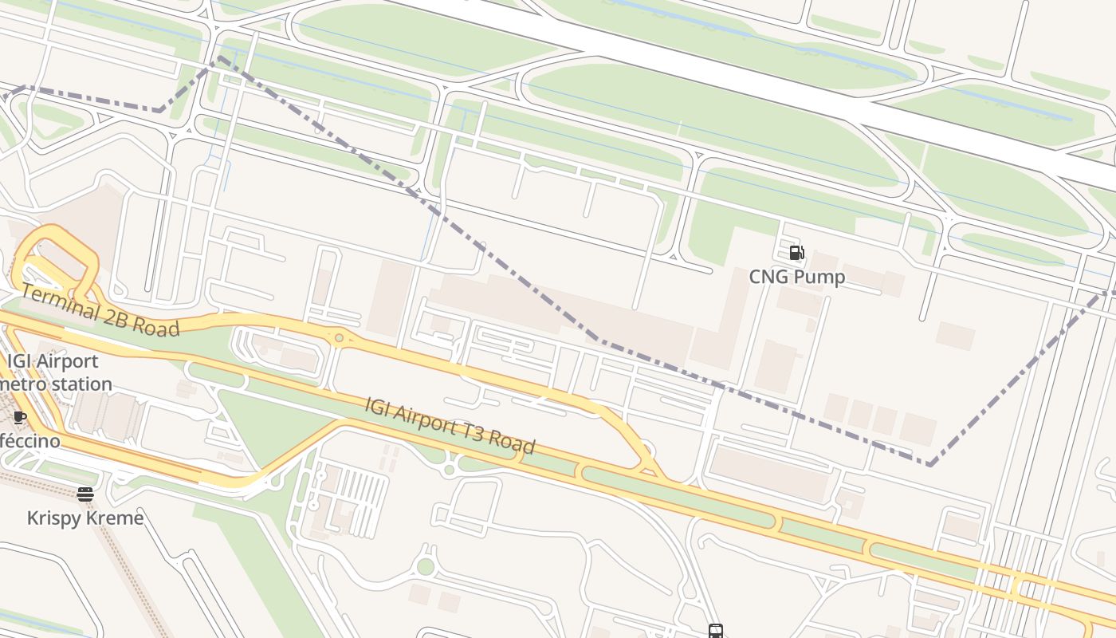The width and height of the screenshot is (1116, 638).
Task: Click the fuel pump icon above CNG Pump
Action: pyautogui.click(x=796, y=253)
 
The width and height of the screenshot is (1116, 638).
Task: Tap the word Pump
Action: pyautogui.click(x=819, y=277)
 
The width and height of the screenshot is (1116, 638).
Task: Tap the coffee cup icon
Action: pyautogui.click(x=20, y=417)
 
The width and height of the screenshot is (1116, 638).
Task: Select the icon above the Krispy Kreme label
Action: pyautogui.click(x=85, y=494)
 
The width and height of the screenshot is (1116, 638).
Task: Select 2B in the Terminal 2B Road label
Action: pyautogui.click(x=116, y=317)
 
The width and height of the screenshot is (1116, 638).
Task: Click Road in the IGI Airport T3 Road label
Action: pyautogui.click(x=512, y=443)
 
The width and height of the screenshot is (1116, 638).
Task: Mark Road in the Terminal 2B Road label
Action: pyautogui.click(x=158, y=326)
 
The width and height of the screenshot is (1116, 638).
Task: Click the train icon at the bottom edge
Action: pyautogui.click(x=715, y=632)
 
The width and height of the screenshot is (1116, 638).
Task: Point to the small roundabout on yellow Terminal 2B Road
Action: pyautogui.click(x=340, y=338)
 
